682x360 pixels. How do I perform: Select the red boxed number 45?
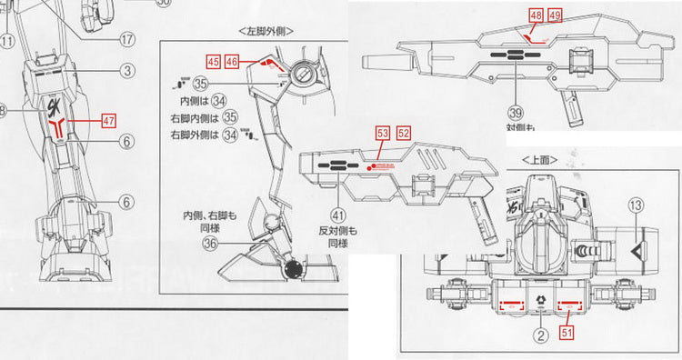[x=214, y=62]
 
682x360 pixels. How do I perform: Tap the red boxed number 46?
[x=233, y=62]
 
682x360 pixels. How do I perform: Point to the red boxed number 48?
[x=535, y=15]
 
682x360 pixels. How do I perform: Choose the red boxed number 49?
[x=554, y=15]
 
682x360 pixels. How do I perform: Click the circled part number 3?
[x=128, y=70]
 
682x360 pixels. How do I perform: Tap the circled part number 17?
[x=126, y=39]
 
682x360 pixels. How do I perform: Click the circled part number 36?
[x=210, y=244]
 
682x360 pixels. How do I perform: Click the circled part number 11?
[x=7, y=40]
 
